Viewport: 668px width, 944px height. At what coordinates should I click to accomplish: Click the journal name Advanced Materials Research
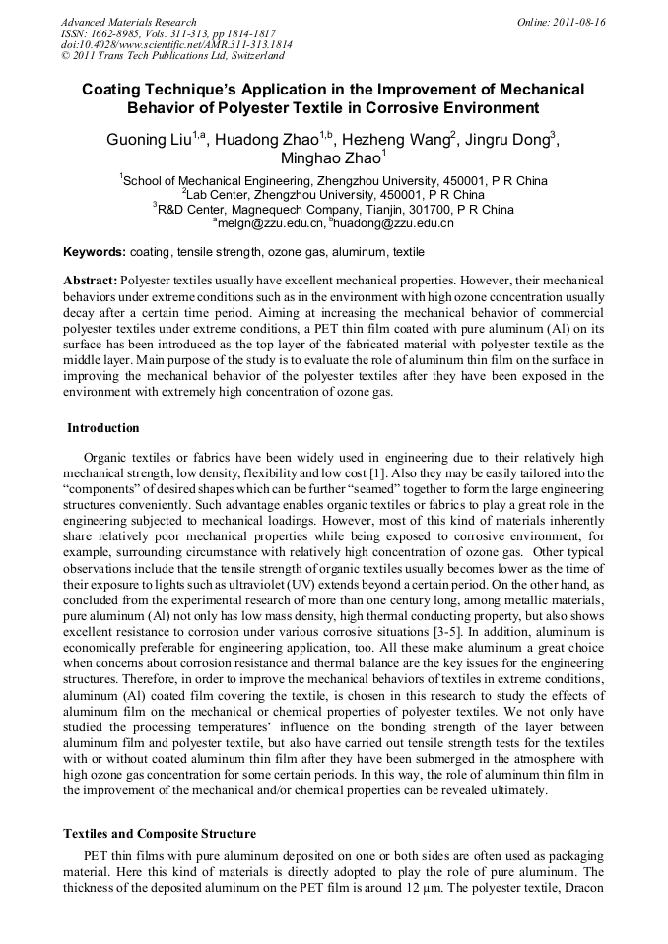(x=128, y=22)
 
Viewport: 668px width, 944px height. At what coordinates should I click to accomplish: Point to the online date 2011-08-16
(x=577, y=22)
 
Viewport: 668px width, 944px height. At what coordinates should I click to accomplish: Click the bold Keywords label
(x=95, y=252)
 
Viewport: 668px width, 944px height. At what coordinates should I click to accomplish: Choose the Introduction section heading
(x=103, y=428)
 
